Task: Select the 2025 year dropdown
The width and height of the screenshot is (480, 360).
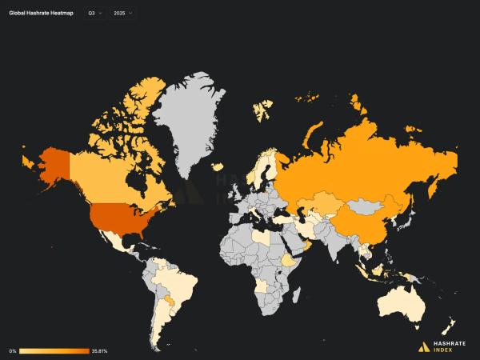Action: [122, 14]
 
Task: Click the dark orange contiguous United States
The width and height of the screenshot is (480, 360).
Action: [121, 217]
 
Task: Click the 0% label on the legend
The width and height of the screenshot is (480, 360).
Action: [13, 350]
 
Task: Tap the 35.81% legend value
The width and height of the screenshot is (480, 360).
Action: [100, 350]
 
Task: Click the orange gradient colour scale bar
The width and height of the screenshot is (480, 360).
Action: [54, 350]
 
